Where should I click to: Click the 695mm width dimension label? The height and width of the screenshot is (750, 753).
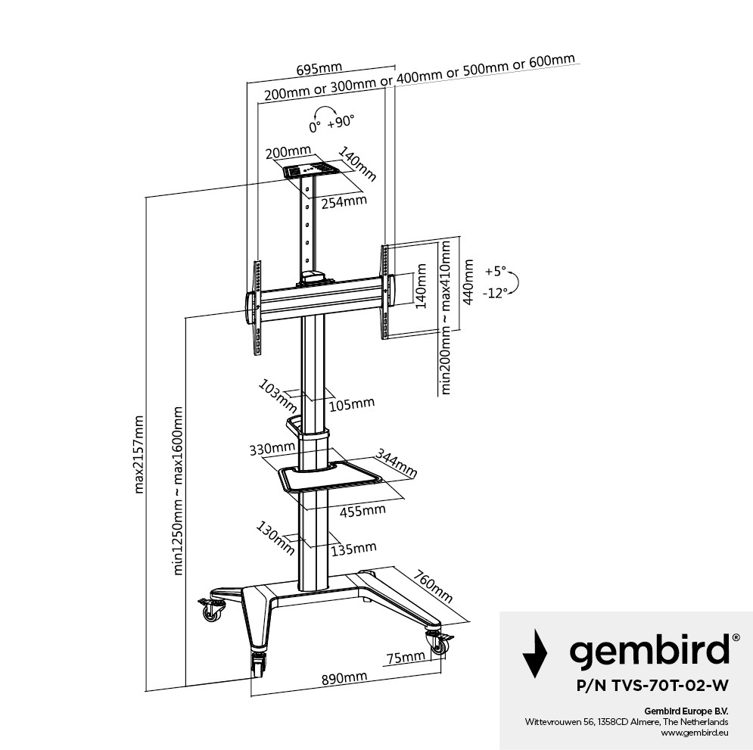point(319,69)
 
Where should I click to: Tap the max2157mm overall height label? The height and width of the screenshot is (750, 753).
point(138,453)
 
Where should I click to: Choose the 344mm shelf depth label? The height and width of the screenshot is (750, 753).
point(396,465)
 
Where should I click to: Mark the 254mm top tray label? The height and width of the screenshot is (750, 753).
point(343,201)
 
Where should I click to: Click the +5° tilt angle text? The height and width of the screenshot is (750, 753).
point(496,270)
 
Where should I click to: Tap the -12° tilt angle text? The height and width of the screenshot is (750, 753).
point(496,293)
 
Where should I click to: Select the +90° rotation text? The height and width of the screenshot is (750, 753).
point(341,122)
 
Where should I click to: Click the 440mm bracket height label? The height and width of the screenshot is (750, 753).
point(469,282)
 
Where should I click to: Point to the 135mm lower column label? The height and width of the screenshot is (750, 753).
point(353,547)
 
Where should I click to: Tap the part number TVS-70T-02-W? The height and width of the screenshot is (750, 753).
point(652,686)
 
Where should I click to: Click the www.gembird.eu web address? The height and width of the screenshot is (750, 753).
point(694,732)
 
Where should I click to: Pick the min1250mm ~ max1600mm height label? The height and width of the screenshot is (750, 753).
point(179,490)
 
